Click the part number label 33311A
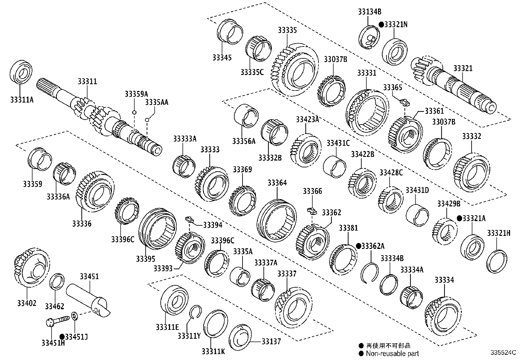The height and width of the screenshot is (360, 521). coord(22,100)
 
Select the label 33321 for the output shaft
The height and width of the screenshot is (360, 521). coord(463,68)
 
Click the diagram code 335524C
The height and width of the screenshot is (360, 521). coord(503,353)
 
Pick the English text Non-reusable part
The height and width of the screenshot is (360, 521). coord(392,353)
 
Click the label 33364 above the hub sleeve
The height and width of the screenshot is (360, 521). coord(277,183)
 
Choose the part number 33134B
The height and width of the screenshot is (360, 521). coord(369,12)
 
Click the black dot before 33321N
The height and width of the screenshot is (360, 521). coord(381,25)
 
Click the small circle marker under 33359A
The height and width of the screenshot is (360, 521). coord(134,113)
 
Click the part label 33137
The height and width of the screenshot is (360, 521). coord(271,342)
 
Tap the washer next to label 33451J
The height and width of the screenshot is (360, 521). coord(74,316)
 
